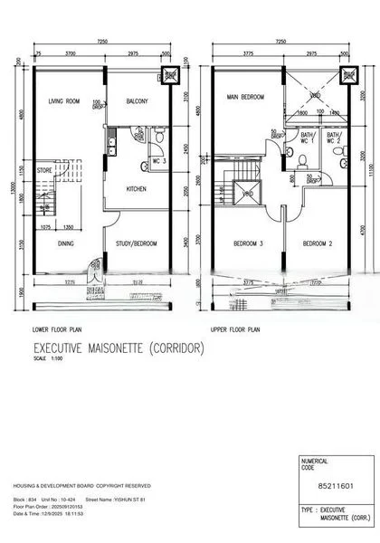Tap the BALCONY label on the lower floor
click(137, 100)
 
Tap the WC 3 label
click(157, 161)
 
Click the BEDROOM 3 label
click(248, 244)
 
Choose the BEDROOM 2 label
click(318, 244)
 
